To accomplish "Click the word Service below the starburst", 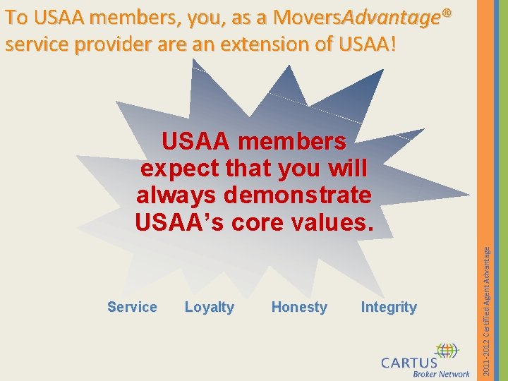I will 132,307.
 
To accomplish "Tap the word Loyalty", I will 209,307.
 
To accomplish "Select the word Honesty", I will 299,307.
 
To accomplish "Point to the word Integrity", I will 389,307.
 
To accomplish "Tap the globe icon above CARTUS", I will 446,351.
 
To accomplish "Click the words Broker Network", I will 441,375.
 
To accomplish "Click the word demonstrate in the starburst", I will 297,195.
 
